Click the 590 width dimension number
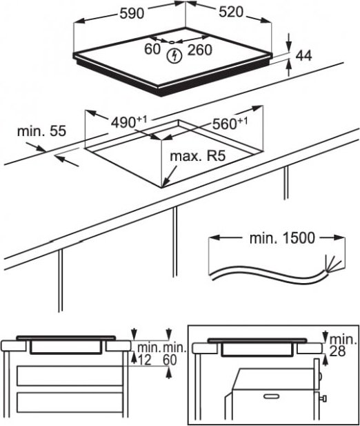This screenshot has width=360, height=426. (x=132, y=13)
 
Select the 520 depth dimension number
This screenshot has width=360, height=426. (x=231, y=12)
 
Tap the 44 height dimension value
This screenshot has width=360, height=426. (x=303, y=56)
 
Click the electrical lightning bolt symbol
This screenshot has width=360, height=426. (x=174, y=56)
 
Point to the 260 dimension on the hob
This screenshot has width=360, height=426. (x=200, y=50)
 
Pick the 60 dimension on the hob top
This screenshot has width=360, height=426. (x=152, y=49)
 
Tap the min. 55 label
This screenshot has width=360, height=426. (x=41, y=131)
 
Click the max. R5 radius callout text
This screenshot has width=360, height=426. (x=198, y=156)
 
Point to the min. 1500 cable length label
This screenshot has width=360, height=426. (x=282, y=238)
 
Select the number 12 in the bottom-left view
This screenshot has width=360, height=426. (x=144, y=360)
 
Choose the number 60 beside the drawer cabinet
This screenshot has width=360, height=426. (x=170, y=360)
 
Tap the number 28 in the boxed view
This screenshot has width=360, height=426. (x=337, y=351)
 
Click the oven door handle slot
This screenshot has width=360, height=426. (x=271, y=396)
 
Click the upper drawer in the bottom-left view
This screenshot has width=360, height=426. (x=70, y=376)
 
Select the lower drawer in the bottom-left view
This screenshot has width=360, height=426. (x=70, y=403)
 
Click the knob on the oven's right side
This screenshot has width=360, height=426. (x=323, y=399)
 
